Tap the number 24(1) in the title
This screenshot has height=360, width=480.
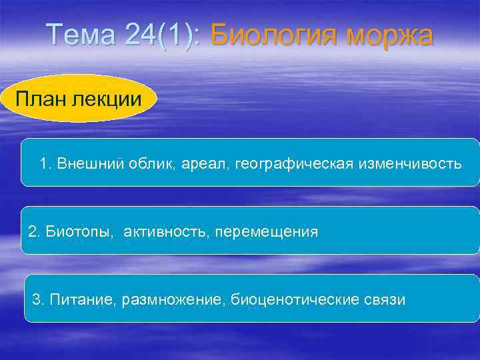[x=161, y=35]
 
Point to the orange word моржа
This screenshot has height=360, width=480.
[x=389, y=35]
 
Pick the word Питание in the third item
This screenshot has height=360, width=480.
[x=75, y=299]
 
